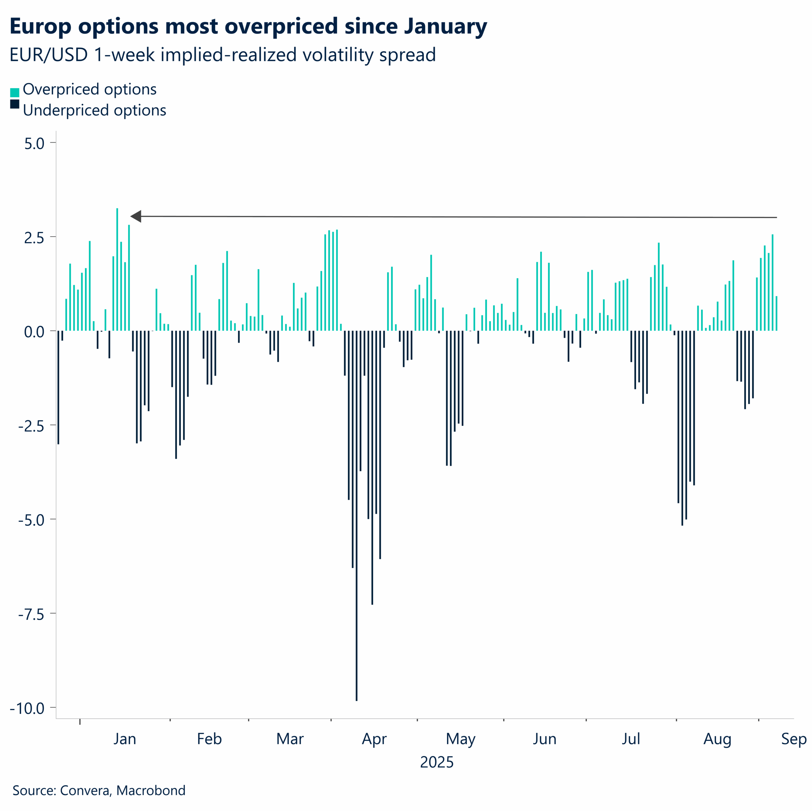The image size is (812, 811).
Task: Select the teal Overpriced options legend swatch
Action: [15, 92]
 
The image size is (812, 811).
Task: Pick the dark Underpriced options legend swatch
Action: [15, 104]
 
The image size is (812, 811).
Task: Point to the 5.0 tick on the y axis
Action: [35, 143]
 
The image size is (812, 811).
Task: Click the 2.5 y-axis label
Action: [35, 238]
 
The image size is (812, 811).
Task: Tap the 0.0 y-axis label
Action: [35, 332]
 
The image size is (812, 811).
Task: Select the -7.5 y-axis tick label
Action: [31, 614]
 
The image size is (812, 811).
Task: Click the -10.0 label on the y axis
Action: [28, 709]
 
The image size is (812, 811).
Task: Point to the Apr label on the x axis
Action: [374, 739]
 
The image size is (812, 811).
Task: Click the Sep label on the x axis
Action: [794, 739]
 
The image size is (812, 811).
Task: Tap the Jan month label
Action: [125, 739]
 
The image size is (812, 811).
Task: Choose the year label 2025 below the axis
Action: [437, 762]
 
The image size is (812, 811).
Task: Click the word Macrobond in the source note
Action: [151, 790]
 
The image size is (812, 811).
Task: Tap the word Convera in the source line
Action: [86, 790]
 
